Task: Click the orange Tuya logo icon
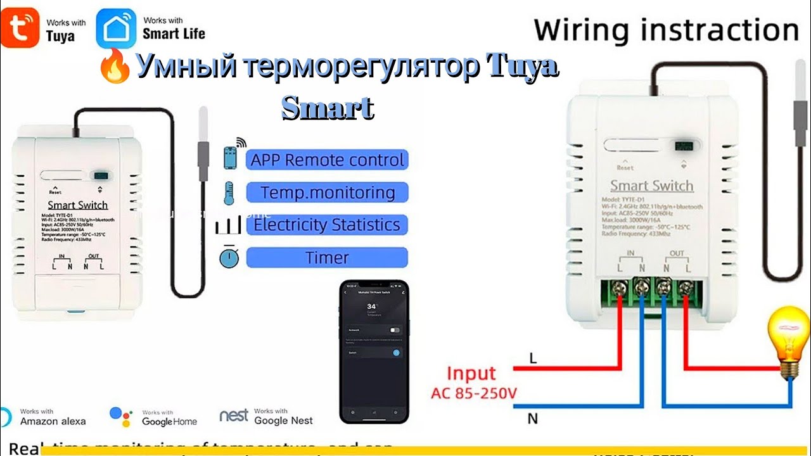[20, 28]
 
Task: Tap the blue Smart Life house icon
[115, 28]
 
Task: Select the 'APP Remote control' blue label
[327, 160]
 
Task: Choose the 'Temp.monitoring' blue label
[327, 193]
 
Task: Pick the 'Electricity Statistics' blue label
[327, 225]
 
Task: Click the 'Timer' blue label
[327, 258]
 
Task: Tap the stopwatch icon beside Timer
[228, 257]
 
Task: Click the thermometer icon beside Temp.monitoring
[228, 193]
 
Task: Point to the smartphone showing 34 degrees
[374, 351]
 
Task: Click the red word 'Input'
[471, 374]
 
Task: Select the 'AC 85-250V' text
[474, 393]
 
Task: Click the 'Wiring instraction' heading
[666, 30]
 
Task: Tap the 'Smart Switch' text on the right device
[651, 186]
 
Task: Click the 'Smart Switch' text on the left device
[78, 205]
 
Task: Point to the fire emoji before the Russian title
[115, 68]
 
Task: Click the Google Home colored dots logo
[120, 416]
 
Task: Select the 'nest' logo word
[234, 415]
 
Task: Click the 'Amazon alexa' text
[53, 421]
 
